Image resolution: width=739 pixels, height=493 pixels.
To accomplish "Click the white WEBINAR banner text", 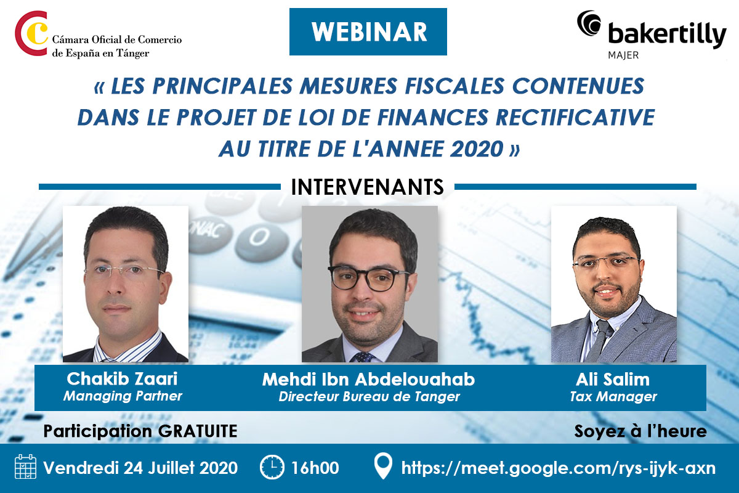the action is pyautogui.click(x=369, y=32).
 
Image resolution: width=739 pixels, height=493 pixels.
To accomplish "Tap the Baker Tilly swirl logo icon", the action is pyautogui.click(x=589, y=23).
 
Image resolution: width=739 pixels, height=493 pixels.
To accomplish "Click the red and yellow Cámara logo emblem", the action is pyautogui.click(x=31, y=33).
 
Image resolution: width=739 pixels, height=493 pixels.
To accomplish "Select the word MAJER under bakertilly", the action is pyautogui.click(x=623, y=55).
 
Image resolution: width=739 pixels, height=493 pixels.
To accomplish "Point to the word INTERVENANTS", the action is pyautogui.click(x=368, y=187).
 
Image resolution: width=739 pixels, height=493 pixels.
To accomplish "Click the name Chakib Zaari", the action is pyautogui.click(x=122, y=378).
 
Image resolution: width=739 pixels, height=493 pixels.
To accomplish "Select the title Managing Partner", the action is pyautogui.click(x=123, y=396).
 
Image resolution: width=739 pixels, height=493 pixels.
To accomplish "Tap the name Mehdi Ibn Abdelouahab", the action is pyautogui.click(x=368, y=379).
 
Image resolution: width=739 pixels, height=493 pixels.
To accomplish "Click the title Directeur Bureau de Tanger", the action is pyautogui.click(x=369, y=397).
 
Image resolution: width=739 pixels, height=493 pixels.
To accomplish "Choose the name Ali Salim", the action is pyautogui.click(x=613, y=379).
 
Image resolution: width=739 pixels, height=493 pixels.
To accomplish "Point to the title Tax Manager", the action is pyautogui.click(x=613, y=397).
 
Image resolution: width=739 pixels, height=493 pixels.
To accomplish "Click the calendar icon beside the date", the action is pyautogui.click(x=25, y=467).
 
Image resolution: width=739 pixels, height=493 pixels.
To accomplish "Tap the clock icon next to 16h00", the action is pyautogui.click(x=272, y=467).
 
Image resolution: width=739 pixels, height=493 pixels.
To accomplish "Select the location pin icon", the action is pyautogui.click(x=383, y=466).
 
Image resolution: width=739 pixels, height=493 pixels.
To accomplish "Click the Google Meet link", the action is pyautogui.click(x=558, y=468).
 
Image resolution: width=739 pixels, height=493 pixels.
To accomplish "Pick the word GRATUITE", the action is pyautogui.click(x=198, y=431).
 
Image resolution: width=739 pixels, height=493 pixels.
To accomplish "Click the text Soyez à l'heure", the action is pyautogui.click(x=640, y=431).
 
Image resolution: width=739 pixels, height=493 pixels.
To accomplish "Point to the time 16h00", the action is pyautogui.click(x=315, y=468).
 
